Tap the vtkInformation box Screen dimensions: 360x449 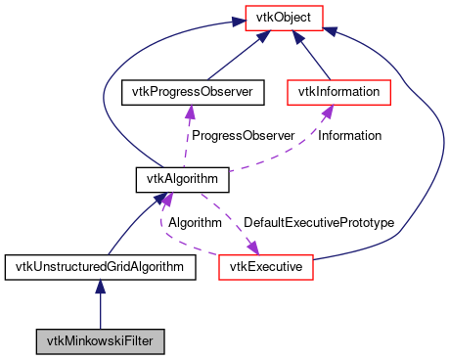tap(338, 92)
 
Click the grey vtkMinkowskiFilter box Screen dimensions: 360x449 tap(100, 341)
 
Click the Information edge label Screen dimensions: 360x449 tap(349, 136)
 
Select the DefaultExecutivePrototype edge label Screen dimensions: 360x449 tap(318, 223)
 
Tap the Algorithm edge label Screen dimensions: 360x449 tap(195, 223)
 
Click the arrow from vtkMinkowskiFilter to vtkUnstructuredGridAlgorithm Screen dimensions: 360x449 tap(100, 308)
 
